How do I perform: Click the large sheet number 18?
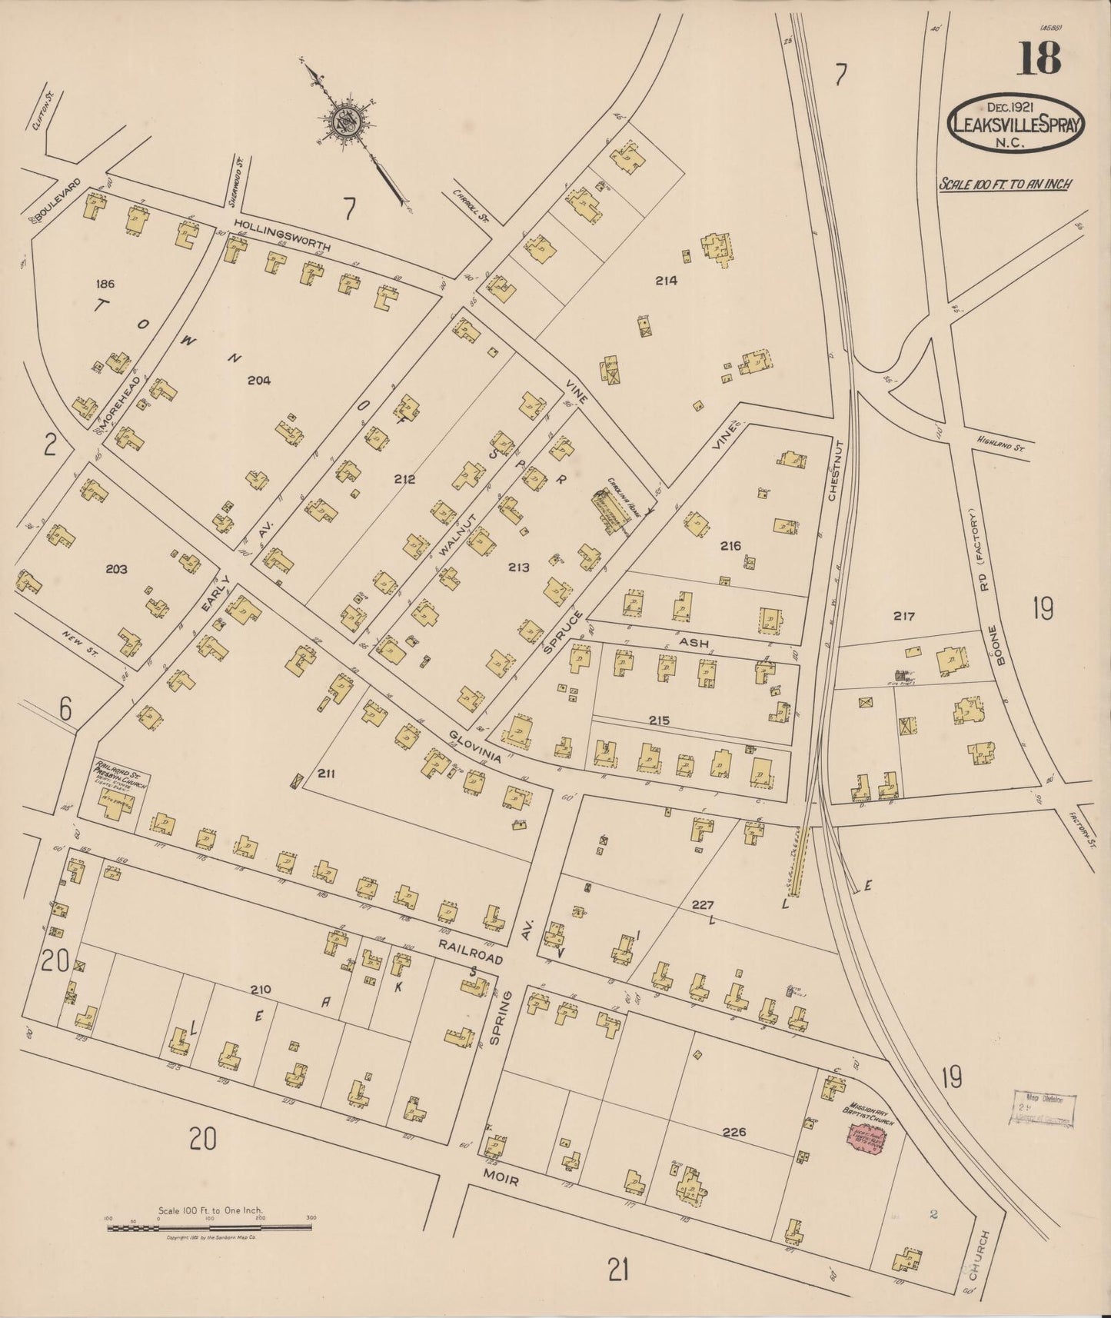(1039, 58)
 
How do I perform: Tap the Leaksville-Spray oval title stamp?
(1016, 121)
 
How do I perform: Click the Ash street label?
(693, 643)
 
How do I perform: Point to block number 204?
(259, 379)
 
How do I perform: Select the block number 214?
(666, 281)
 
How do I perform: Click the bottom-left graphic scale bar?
(209, 1228)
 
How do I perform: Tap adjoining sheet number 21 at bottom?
(619, 1273)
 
